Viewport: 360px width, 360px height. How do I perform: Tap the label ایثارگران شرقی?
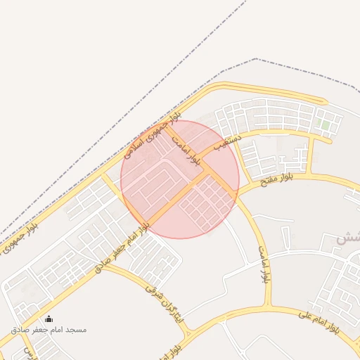166,303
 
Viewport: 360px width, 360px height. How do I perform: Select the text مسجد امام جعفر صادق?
49,329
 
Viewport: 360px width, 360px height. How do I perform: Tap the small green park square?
325,125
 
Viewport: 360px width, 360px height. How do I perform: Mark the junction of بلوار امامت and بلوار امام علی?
268,308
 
